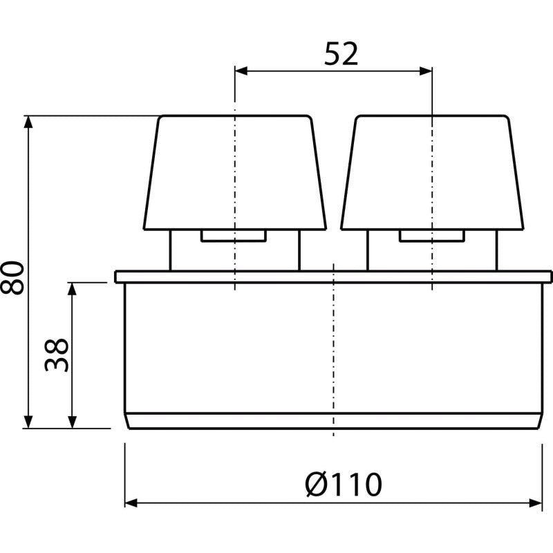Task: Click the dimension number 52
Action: coord(341,54)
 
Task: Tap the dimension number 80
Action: coord(12,278)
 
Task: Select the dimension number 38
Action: coord(57,355)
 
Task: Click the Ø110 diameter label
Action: coord(343,485)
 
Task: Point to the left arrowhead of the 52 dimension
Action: coord(241,71)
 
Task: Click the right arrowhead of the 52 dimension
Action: coord(426,71)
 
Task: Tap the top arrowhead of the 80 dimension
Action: coord(28,122)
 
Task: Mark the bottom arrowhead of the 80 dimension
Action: coord(28,422)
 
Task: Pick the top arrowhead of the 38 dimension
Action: coord(72,289)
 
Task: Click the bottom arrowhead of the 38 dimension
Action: coord(72,422)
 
